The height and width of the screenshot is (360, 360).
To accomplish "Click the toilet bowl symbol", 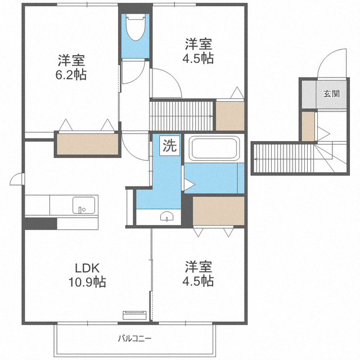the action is point(136,27).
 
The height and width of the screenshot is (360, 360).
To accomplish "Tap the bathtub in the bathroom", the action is point(214,148).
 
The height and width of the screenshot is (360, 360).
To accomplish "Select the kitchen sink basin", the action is point(84,205).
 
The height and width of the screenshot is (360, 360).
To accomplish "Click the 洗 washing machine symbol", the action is point(170,146).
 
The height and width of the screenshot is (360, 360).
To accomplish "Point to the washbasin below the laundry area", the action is point(166,216).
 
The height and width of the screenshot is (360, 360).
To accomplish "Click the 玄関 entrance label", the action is point(331,94).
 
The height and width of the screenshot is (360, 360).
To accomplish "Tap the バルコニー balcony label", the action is point(135,338).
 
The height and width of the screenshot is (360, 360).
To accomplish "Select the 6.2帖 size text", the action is point(71,75).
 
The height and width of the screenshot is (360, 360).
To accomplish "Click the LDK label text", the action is point(87,268).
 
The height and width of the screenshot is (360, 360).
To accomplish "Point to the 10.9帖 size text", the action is point(87,282).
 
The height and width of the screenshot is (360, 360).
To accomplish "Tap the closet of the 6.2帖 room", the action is point(88,144).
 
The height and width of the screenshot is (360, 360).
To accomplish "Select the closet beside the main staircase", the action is point(230,116).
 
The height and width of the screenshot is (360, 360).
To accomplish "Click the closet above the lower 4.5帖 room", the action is point(218,211).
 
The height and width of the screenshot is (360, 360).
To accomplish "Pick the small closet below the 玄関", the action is point(308,127).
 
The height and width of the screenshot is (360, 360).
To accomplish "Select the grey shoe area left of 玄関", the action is point(309,94).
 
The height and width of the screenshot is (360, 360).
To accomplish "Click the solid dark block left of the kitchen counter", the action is point(40,224).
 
